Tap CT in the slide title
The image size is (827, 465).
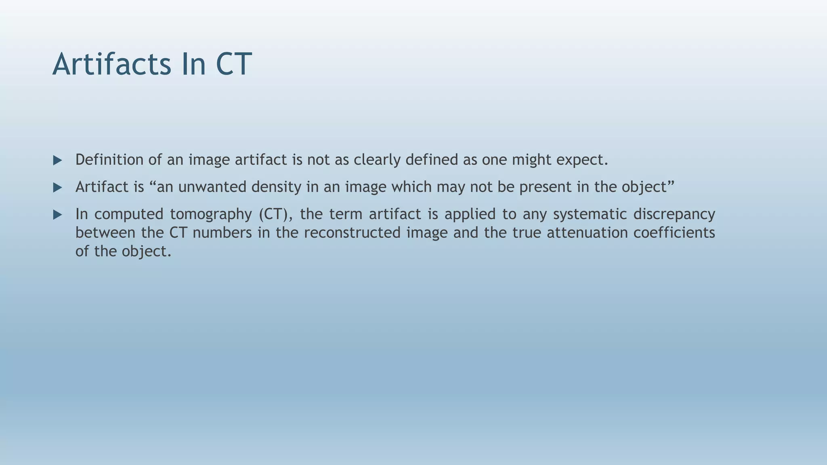(x=234, y=65)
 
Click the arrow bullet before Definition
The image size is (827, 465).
(x=58, y=161)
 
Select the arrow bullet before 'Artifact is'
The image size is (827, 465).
(x=58, y=188)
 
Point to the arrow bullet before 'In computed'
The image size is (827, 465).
(x=58, y=215)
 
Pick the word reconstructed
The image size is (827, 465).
(x=352, y=233)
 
